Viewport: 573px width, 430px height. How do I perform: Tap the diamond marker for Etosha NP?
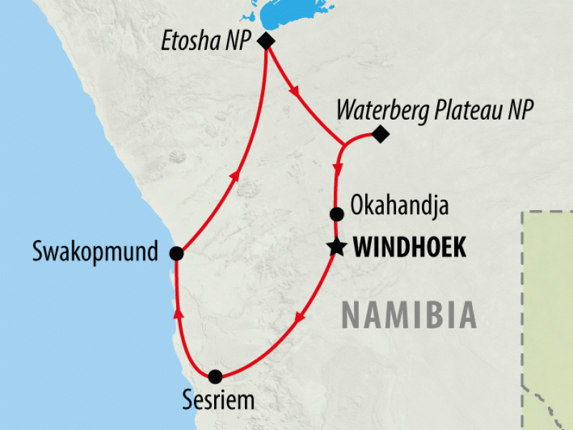click(266, 41)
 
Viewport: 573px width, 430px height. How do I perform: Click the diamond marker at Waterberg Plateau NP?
click(380, 133)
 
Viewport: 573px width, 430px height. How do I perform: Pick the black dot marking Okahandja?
click(336, 214)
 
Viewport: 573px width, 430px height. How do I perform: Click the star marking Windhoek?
click(335, 248)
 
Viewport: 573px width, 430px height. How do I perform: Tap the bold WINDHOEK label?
click(410, 249)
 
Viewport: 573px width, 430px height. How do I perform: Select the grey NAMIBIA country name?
click(408, 315)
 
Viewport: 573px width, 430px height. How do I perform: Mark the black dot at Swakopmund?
click(176, 253)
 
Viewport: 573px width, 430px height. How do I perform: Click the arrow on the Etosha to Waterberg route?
click(294, 91)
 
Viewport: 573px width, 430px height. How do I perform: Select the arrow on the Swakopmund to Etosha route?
click(233, 176)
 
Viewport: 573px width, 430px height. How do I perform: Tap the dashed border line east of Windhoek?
click(526, 287)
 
